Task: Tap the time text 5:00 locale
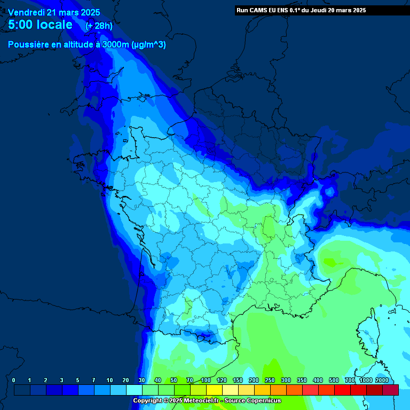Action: (x=41, y=25)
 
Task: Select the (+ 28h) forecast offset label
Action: (x=99, y=26)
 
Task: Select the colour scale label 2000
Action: (x=382, y=380)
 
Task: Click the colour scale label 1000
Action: (x=366, y=380)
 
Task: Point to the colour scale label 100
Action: (x=206, y=380)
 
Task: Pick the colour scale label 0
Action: (x=13, y=380)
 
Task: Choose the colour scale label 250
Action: (x=270, y=380)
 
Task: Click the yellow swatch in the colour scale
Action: (x=214, y=390)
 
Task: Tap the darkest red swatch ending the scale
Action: (x=390, y=390)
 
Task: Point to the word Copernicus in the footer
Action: (x=264, y=400)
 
